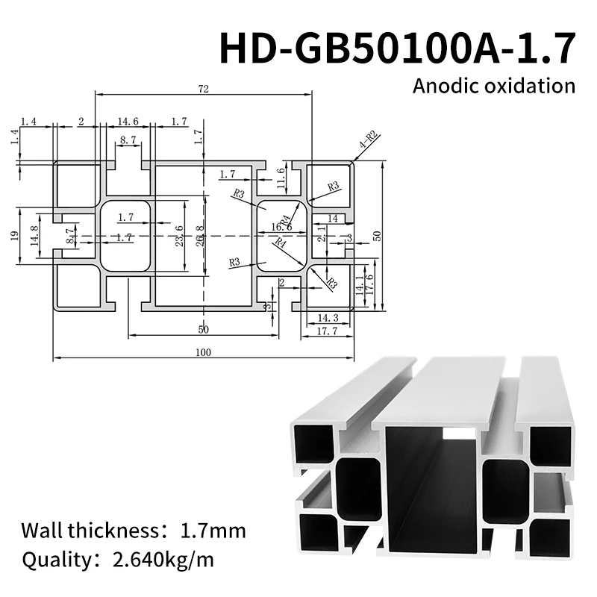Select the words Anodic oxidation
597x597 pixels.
[494, 85]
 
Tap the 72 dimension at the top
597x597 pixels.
[203, 89]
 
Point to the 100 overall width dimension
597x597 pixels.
[202, 353]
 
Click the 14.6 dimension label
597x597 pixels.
[128, 121]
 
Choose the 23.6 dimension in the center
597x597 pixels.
[178, 237]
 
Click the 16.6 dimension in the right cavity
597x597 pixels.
[281, 227]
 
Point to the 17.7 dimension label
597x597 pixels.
[328, 331]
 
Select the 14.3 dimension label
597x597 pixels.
[328, 318]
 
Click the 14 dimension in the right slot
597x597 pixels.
[332, 218]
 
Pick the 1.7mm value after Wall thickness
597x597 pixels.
[213, 531]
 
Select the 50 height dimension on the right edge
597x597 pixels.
[378, 235]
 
